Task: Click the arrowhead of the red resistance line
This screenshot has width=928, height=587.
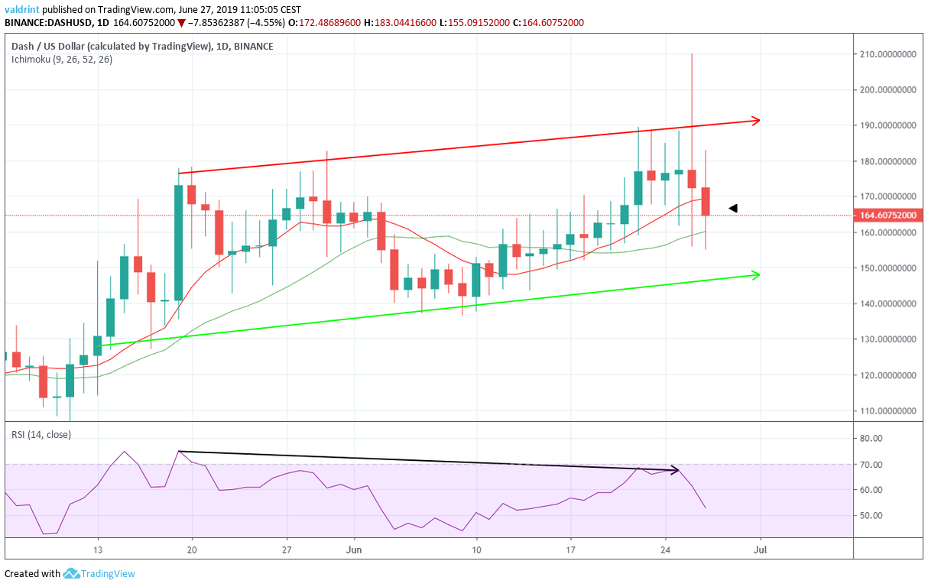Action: pyautogui.click(x=756, y=120)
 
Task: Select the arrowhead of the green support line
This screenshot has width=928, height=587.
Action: pyautogui.click(x=756, y=274)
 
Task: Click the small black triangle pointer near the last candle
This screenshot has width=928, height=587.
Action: pyautogui.click(x=732, y=207)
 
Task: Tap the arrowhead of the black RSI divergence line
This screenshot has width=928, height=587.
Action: pyautogui.click(x=675, y=469)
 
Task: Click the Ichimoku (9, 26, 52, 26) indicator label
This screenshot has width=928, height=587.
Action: pyautogui.click(x=61, y=59)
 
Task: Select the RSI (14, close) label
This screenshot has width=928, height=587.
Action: pyautogui.click(x=41, y=435)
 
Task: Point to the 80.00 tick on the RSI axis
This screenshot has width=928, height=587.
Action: pyautogui.click(x=871, y=439)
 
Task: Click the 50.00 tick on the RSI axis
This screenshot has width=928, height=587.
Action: pyautogui.click(x=871, y=515)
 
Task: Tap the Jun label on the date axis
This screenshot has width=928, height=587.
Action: pyautogui.click(x=353, y=549)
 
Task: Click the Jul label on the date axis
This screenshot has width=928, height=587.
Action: pyautogui.click(x=760, y=549)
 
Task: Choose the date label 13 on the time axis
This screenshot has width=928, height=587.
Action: pyautogui.click(x=98, y=549)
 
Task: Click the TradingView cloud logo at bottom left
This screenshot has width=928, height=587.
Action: pyautogui.click(x=72, y=573)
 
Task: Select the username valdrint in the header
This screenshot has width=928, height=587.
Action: pyautogui.click(x=23, y=9)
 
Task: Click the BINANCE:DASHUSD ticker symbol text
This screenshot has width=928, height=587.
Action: pyautogui.click(x=47, y=22)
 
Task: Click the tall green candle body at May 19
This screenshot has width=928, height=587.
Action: pyautogui.click(x=179, y=242)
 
